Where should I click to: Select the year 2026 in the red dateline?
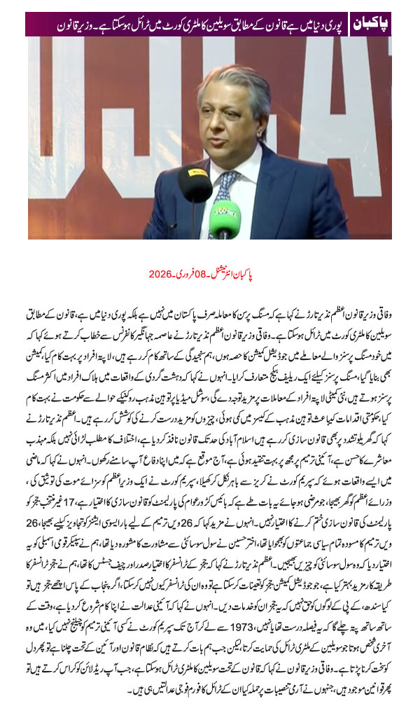pos(162,275)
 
